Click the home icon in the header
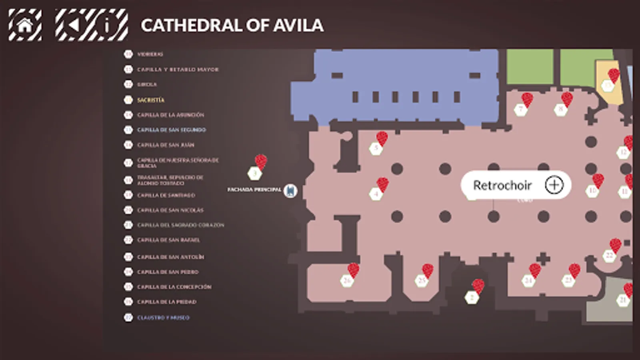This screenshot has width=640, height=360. [x=25, y=25]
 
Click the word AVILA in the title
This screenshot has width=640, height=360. [x=298, y=26]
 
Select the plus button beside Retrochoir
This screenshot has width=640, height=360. [x=554, y=185]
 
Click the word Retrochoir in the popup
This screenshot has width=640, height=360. [x=502, y=185]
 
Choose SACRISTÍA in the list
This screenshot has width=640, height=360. [x=150, y=100]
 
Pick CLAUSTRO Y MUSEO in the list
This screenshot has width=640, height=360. [x=163, y=318]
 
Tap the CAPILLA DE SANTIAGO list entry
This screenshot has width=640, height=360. [x=166, y=195]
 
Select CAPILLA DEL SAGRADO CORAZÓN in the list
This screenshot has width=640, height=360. [x=180, y=225]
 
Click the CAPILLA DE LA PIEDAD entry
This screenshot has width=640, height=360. [x=167, y=302]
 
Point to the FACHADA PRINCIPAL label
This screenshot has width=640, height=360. [x=254, y=190]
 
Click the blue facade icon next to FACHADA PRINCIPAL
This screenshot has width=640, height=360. [x=290, y=191]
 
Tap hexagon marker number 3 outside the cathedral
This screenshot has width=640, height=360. [x=255, y=174]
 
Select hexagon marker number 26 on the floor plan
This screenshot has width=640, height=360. [x=347, y=280]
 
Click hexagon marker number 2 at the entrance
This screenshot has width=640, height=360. [x=472, y=297]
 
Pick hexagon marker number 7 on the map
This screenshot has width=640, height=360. [x=520, y=109]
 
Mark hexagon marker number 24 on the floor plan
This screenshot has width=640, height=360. [x=528, y=280]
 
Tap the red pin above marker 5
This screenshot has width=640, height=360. [x=382, y=138]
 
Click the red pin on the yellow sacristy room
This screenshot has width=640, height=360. [x=614, y=75]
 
